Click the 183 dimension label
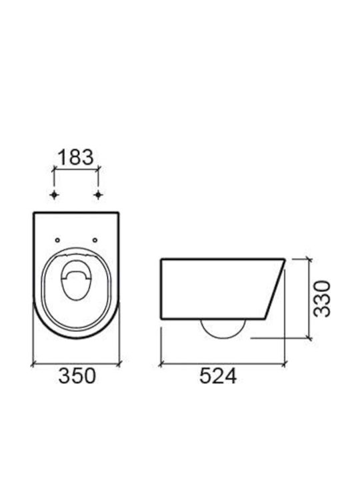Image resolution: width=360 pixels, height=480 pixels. [x=75, y=157]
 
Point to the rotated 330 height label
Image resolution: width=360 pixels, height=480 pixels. [x=323, y=299]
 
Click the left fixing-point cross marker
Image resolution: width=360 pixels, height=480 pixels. [x=54, y=195]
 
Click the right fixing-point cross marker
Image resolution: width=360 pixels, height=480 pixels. [x=98, y=195]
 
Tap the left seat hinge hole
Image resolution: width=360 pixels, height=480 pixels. [x=57, y=240]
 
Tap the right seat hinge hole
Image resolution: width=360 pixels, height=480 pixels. [x=95, y=240]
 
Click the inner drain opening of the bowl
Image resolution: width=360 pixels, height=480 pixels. [x=76, y=280]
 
